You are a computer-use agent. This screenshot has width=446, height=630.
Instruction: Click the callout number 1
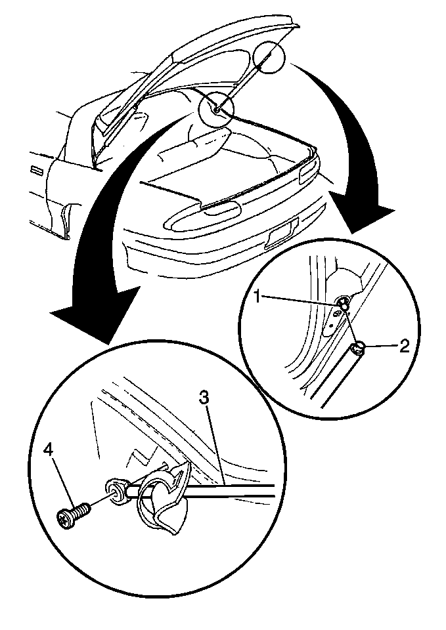point(260,297)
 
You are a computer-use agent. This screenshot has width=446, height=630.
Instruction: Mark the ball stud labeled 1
point(344,303)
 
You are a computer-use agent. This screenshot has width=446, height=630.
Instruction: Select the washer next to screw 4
point(115,492)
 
